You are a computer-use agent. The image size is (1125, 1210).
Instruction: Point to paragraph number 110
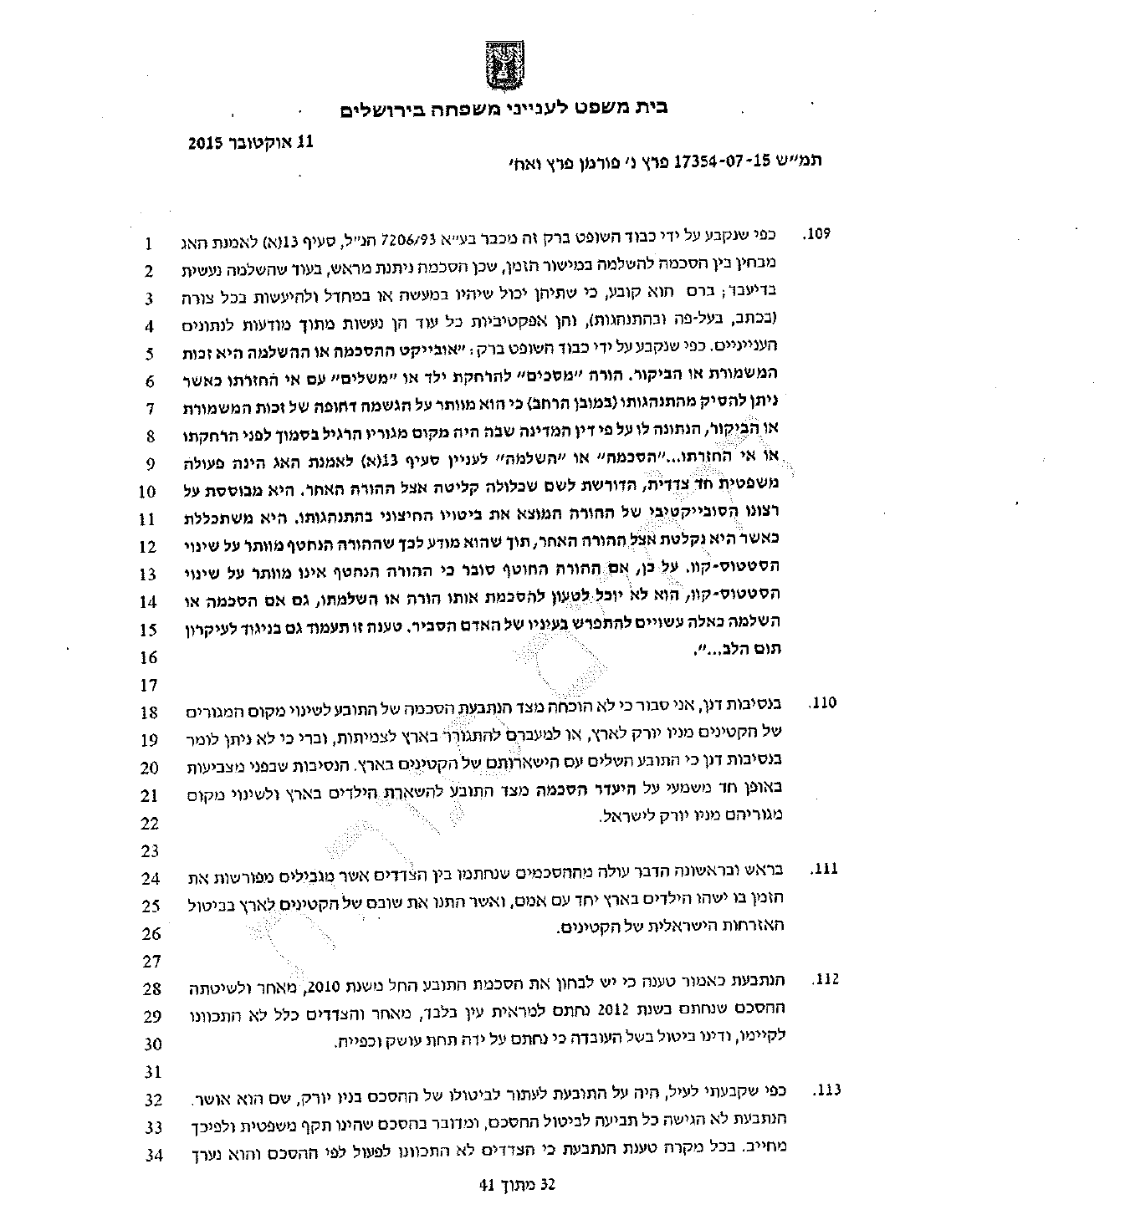823,703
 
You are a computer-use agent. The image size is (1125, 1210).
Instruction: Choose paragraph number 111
824,870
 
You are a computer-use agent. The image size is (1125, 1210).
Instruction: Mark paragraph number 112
824,979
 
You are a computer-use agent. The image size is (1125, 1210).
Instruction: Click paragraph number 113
824,1090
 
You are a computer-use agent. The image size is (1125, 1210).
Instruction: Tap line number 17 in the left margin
149,686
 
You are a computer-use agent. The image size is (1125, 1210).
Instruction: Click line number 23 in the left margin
150,851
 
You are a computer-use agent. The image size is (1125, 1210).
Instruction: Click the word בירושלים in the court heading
386,110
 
